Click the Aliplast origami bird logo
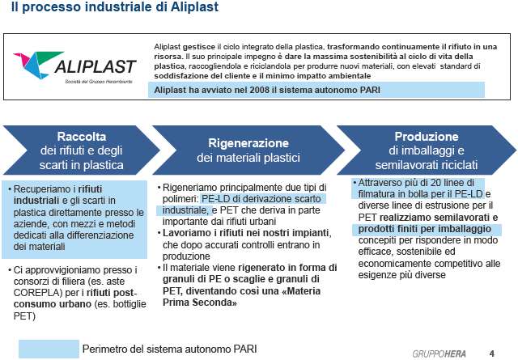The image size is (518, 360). coord(38,65)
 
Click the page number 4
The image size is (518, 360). coord(492,354)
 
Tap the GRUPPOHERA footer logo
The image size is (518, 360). coord(439,354)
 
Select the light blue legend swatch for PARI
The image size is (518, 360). coord(49,349)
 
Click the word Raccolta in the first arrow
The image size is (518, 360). coord(82,137)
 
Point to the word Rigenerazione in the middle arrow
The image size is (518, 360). coord(248,143)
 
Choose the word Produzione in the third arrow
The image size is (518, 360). coord(427,137)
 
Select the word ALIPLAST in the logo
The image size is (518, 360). coord(96,66)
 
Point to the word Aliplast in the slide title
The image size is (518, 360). coord(194,7)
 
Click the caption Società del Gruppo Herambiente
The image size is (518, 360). coord(99,82)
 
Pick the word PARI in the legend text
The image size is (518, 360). coord(245,349)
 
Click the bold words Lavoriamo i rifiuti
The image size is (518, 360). coord(202,233)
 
